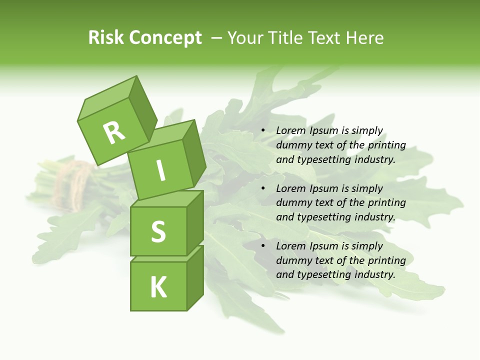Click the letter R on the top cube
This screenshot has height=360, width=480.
(114, 133)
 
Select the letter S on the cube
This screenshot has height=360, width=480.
(158, 231)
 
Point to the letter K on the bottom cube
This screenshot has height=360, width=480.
(158, 287)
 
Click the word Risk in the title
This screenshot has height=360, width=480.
(106, 37)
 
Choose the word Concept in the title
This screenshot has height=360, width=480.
(166, 38)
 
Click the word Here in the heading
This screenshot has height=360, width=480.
(363, 37)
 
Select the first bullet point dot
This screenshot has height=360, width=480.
(262, 130)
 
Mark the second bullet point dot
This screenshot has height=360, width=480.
(262, 188)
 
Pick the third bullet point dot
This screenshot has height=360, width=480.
(262, 246)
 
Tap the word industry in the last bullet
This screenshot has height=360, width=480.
(374, 274)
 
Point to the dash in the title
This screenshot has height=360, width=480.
(217, 37)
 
